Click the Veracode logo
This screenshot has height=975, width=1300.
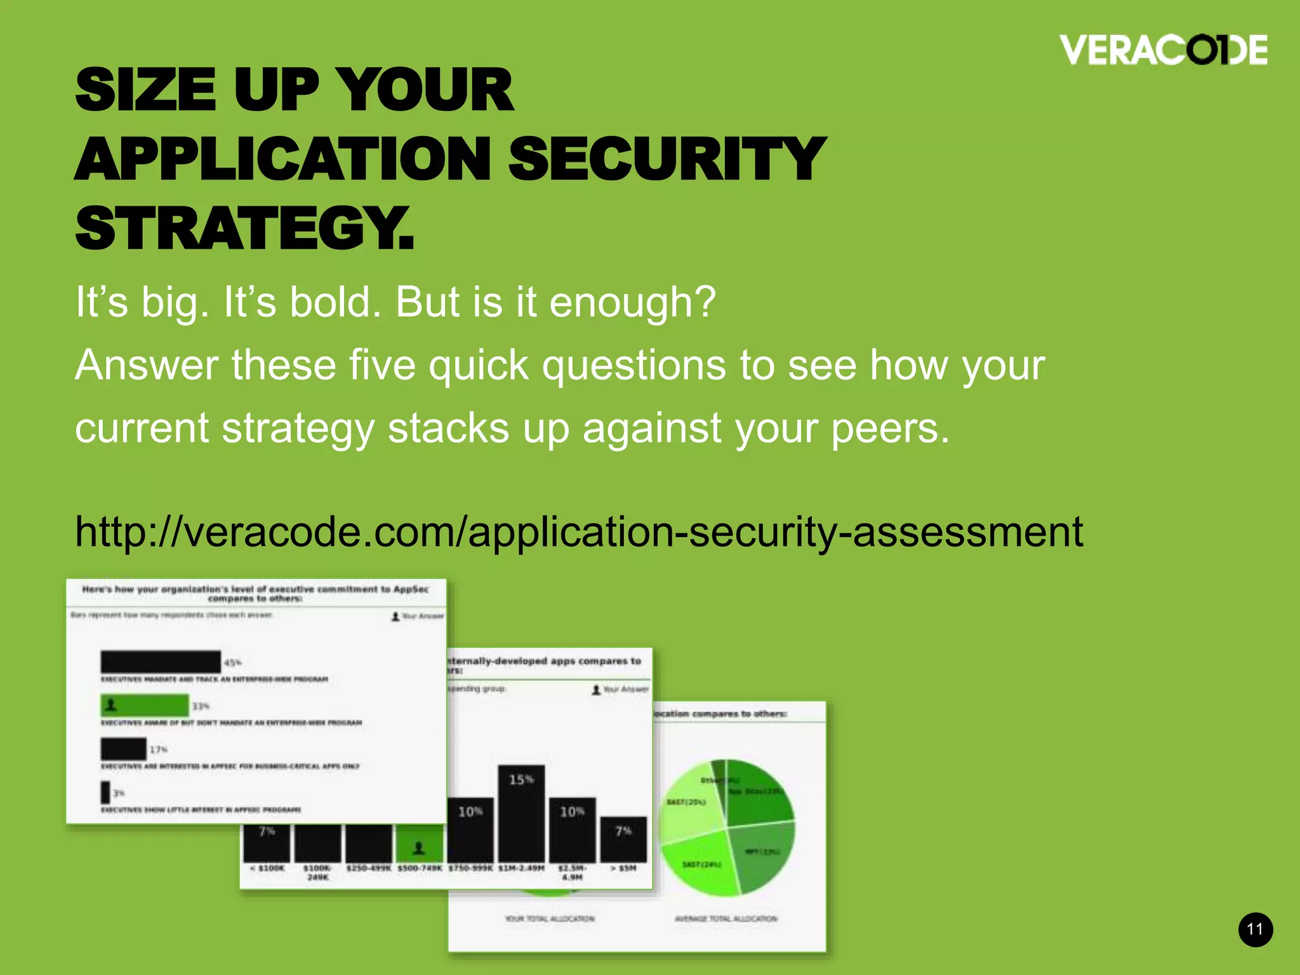click(1163, 50)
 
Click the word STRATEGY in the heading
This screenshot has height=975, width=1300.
click(244, 229)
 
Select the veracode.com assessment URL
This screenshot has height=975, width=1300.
click(578, 532)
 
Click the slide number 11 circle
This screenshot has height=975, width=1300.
click(1255, 930)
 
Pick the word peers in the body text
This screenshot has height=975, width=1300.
click(890, 428)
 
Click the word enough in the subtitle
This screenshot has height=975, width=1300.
click(632, 302)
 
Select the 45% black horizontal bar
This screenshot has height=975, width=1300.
click(161, 662)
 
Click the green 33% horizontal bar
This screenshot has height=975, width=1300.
click(145, 705)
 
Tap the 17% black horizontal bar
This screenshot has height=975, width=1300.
click(124, 749)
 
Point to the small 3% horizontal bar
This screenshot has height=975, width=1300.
click(105, 792)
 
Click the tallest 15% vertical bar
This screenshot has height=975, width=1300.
click(521, 812)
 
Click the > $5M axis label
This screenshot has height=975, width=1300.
click(623, 868)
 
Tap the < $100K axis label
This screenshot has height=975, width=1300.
click(267, 868)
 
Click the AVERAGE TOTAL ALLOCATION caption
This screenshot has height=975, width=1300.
click(726, 919)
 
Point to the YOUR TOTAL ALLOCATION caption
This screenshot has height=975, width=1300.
click(550, 919)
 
